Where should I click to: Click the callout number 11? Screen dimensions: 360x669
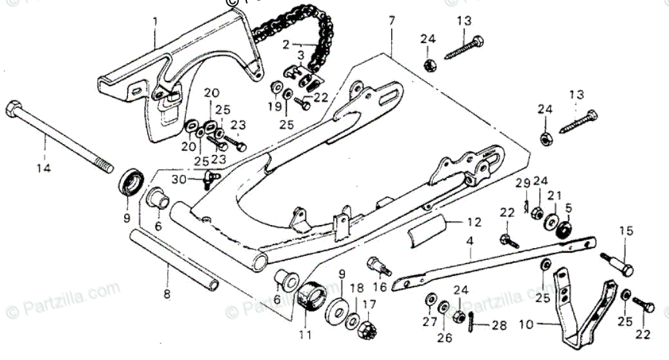pos(305,335)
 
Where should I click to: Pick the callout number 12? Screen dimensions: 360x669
pos(474,223)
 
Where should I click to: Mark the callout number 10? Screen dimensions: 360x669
pos(526,325)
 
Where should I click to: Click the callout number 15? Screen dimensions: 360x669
pos(626,231)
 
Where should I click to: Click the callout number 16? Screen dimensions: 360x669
pos(380,287)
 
